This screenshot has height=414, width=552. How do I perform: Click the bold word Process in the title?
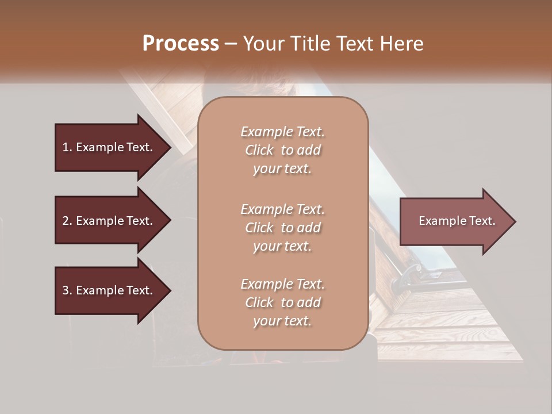pyautogui.click(x=181, y=44)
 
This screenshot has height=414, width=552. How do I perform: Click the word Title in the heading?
pyautogui.click(x=312, y=44)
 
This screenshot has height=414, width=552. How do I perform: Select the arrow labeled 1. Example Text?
pyautogui.click(x=108, y=147)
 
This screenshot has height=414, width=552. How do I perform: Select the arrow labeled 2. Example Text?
pyautogui.click(x=108, y=221)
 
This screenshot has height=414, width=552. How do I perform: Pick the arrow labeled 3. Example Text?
pyautogui.click(x=108, y=290)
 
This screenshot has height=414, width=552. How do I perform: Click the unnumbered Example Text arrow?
pyautogui.click(x=457, y=221)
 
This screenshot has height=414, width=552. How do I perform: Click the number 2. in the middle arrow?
pyautogui.click(x=67, y=221)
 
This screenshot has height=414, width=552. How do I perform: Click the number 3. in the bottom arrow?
pyautogui.click(x=67, y=290)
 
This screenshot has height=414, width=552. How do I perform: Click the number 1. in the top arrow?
pyautogui.click(x=67, y=147)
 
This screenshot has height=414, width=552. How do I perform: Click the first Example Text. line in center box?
pyautogui.click(x=282, y=132)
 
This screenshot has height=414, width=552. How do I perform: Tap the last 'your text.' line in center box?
pyautogui.click(x=282, y=321)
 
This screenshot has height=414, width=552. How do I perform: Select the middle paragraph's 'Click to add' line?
pyautogui.click(x=282, y=228)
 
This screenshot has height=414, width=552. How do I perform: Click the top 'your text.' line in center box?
pyautogui.click(x=282, y=168)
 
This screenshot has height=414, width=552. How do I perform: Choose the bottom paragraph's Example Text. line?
pyautogui.click(x=282, y=284)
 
